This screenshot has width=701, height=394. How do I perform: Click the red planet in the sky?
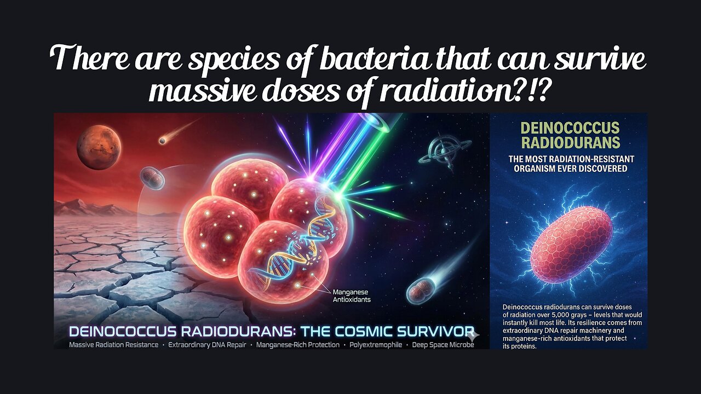coord(99,147)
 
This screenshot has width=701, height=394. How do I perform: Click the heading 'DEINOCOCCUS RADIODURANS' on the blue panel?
coord(570,136)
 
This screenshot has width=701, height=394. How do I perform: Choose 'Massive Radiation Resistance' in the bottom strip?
coord(113,345)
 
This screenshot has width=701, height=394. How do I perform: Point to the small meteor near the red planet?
coord(163,141)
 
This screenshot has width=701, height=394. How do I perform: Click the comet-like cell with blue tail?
coord(422,287)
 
